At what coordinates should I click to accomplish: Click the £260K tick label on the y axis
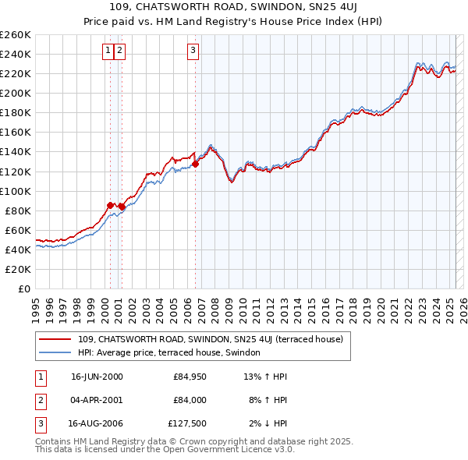coord(16,34)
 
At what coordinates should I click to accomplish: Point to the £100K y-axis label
coord(16,191)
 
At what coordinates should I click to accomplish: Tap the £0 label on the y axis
coord(23,288)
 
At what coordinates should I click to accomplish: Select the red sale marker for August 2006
coord(195,164)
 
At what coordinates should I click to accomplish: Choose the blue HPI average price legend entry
coord(173,352)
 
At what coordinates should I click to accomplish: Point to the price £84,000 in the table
coord(190,400)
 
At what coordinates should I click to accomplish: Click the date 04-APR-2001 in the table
coord(96,400)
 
